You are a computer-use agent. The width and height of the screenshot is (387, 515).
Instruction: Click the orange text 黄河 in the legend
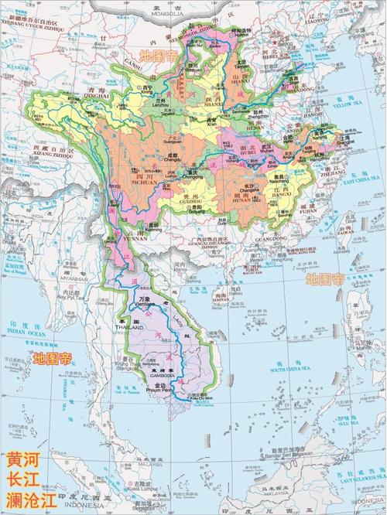pos(23,459)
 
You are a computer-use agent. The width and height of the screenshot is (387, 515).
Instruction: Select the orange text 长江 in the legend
pos(23,479)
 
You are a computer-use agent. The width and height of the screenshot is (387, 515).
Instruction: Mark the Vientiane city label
pos(141,305)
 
